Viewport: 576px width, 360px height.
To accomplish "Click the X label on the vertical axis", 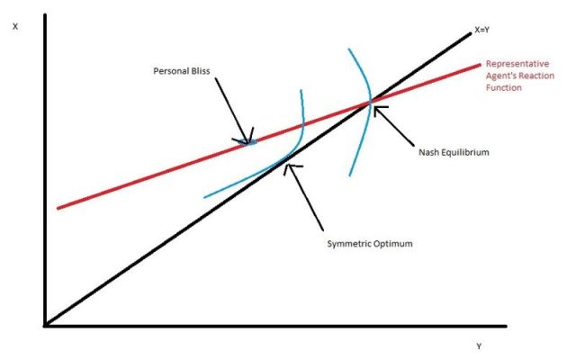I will click(x=15, y=26).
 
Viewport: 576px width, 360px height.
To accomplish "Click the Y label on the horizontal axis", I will click(x=478, y=346).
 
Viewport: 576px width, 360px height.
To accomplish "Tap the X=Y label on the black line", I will click(x=482, y=30).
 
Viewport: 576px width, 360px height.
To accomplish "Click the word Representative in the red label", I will click(x=518, y=64).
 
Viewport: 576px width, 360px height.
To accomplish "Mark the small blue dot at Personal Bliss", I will click(x=251, y=141).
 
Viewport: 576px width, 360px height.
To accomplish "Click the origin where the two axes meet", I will click(x=44, y=325).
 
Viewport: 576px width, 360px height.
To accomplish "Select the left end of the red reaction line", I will click(x=58, y=208).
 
